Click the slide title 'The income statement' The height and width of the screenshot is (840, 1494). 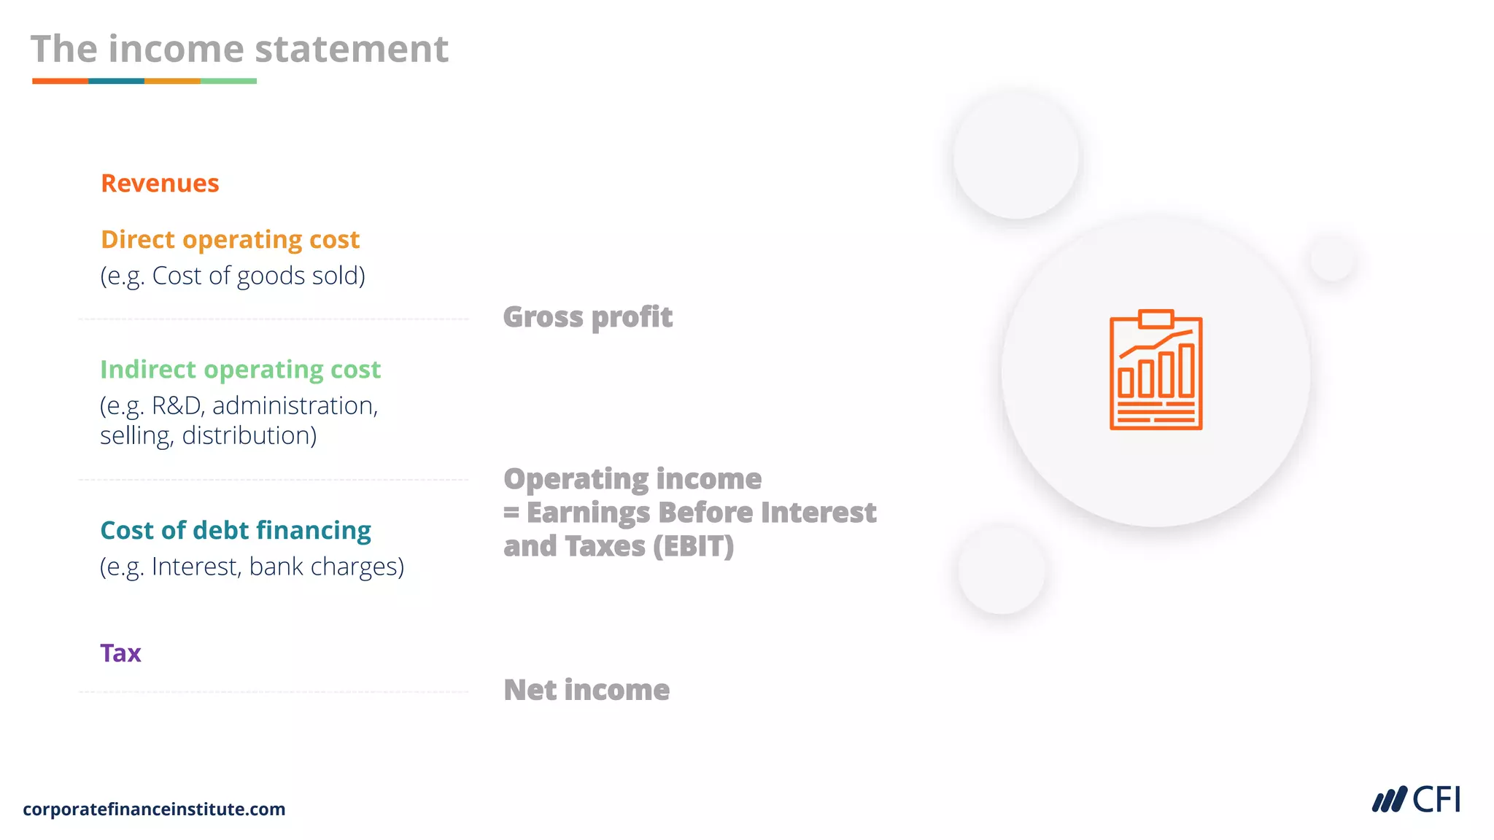tap(239, 50)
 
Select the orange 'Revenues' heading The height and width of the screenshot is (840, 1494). tap(160, 183)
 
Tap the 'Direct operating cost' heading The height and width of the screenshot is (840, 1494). tap(230, 239)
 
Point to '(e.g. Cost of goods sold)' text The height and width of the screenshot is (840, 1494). tap(233, 276)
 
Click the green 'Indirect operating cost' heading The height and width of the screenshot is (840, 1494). tap(240, 370)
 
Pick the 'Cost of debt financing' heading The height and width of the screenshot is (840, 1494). tap(235, 530)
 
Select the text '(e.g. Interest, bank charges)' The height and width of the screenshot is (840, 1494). tap(252, 567)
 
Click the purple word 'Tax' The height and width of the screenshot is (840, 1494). tap(120, 653)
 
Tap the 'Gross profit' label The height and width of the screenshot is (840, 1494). tap(588, 317)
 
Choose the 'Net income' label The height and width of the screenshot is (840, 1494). tap(587, 690)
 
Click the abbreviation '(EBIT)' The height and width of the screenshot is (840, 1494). tap(693, 546)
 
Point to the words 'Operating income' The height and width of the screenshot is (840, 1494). tap(632, 479)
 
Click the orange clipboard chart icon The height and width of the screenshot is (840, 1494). tap(1156, 370)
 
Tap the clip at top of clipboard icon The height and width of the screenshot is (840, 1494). tap(1156, 319)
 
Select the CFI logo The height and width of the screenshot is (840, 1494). tap(1416, 800)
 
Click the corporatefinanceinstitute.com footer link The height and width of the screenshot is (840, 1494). tap(154, 809)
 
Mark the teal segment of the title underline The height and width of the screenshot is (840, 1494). tap(116, 81)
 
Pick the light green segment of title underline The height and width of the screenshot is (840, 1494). tap(228, 81)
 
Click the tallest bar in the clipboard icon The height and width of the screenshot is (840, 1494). tap(1187, 370)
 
